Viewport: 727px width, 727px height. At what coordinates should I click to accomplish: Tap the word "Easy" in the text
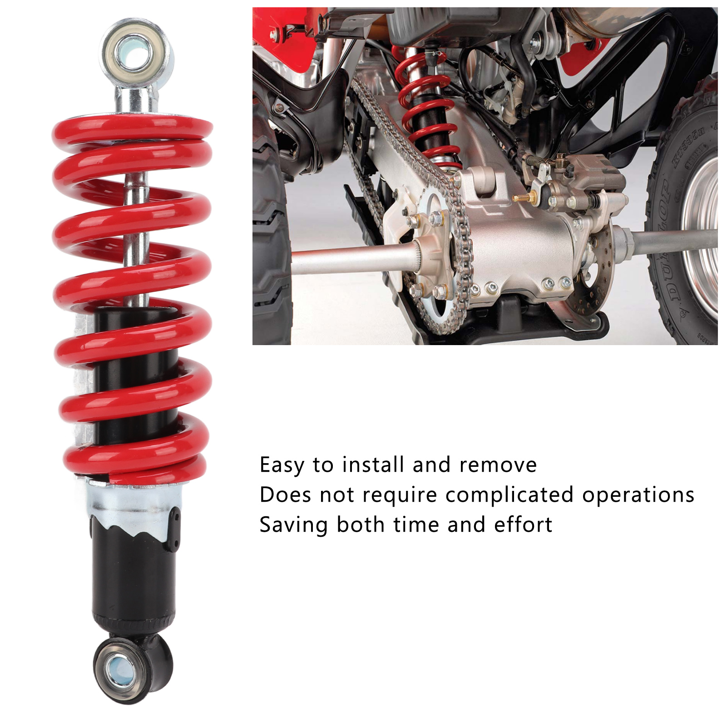(x=282, y=465)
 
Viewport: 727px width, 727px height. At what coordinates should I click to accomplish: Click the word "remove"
(x=498, y=465)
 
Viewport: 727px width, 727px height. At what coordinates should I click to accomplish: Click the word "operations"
(x=638, y=495)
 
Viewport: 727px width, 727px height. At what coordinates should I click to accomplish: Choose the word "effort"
(x=523, y=524)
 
